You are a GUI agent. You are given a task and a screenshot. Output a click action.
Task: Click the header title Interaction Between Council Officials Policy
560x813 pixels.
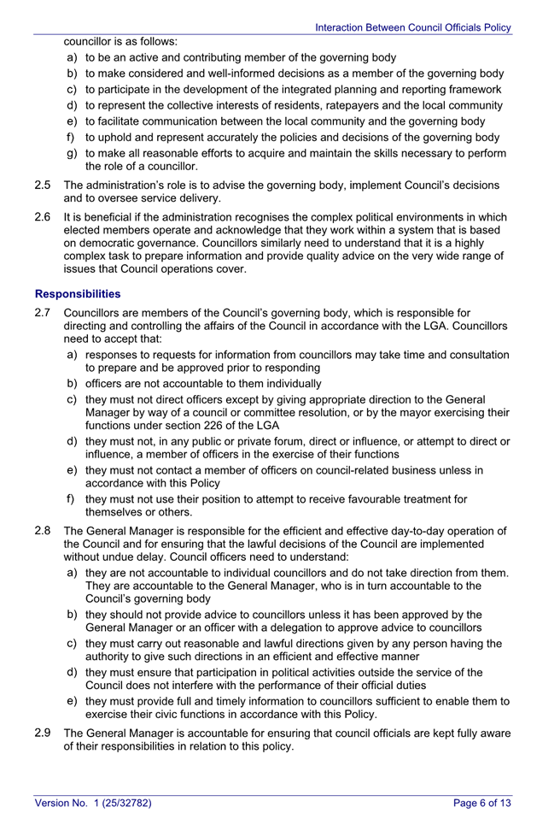pyautogui.click(x=413, y=27)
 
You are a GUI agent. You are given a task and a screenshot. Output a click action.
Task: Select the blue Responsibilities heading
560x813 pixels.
pyautogui.click(x=78, y=293)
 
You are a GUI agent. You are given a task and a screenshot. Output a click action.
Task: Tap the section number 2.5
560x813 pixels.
pyautogui.click(x=44, y=185)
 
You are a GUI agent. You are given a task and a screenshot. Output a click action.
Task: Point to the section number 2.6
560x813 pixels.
pyautogui.click(x=44, y=216)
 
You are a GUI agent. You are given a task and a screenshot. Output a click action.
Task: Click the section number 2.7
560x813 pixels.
pyautogui.click(x=44, y=314)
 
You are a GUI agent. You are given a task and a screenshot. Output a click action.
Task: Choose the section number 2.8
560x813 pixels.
pyautogui.click(x=44, y=531)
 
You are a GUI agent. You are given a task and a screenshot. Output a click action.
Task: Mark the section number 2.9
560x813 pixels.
pyautogui.click(x=44, y=733)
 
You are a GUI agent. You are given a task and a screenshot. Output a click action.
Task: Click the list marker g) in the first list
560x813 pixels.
pyautogui.click(x=73, y=153)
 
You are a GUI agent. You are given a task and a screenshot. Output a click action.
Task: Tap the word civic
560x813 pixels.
pyautogui.click(x=162, y=715)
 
